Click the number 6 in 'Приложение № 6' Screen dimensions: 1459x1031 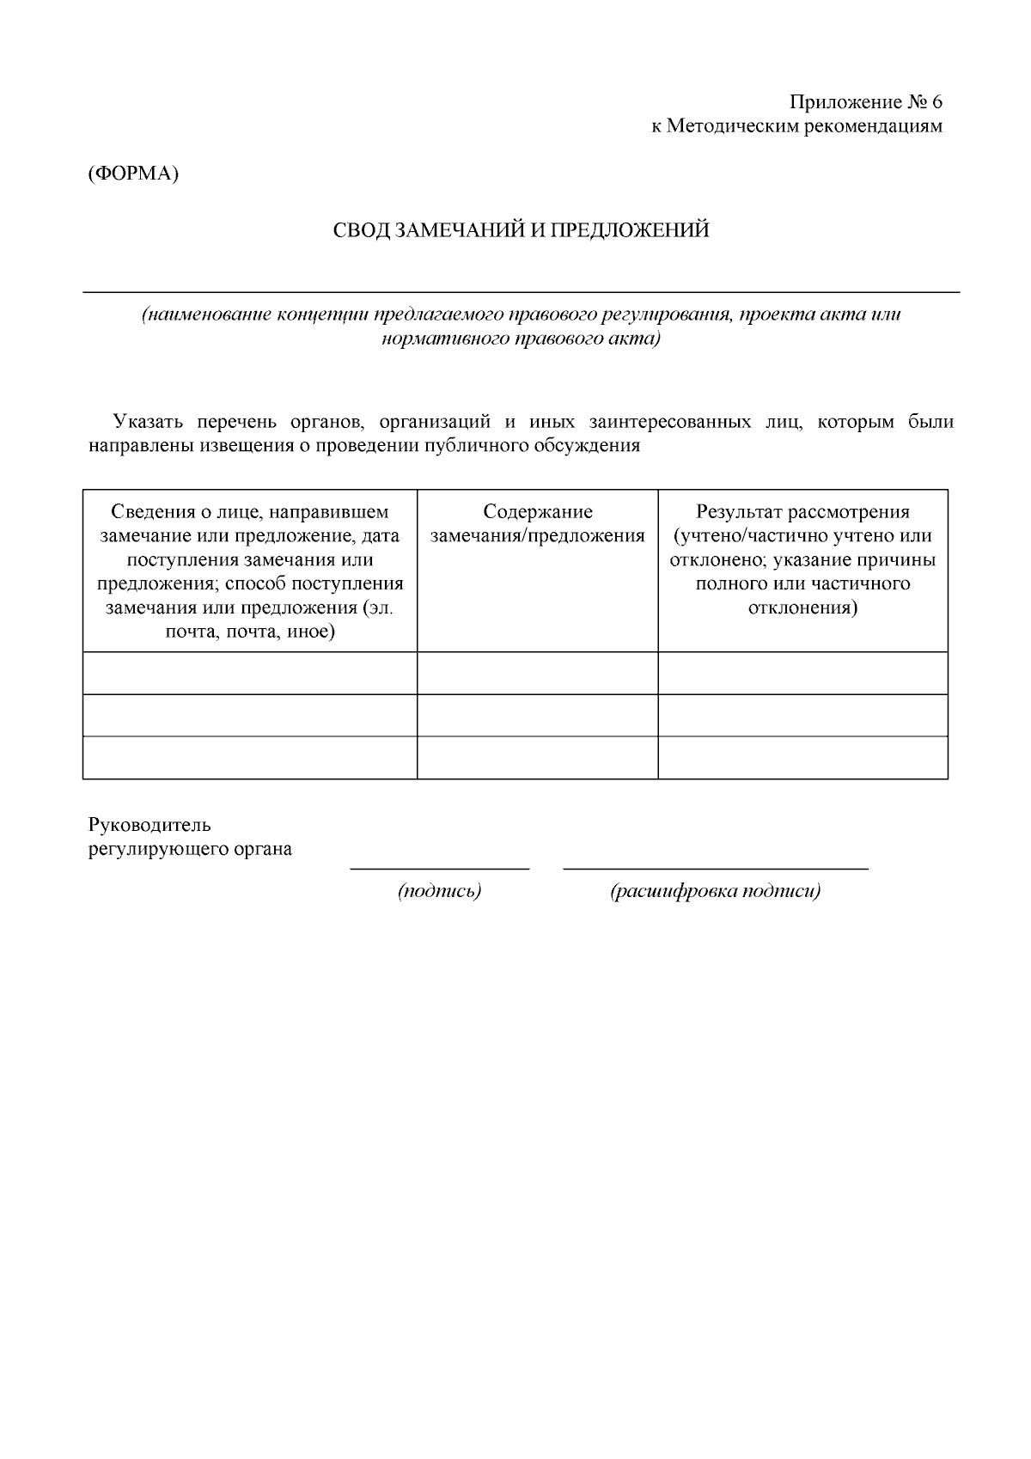936,102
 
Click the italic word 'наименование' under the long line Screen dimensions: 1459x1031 206,314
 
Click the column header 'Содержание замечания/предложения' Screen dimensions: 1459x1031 538,524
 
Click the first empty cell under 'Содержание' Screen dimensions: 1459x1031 538,673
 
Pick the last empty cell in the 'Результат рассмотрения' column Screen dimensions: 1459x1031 802,757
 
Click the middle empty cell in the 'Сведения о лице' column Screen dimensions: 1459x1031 250,715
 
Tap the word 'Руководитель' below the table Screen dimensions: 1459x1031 149,825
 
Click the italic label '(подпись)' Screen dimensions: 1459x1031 439,891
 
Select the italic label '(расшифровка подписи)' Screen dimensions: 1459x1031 716,891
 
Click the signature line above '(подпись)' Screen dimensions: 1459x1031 439,869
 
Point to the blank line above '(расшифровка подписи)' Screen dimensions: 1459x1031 716,869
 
